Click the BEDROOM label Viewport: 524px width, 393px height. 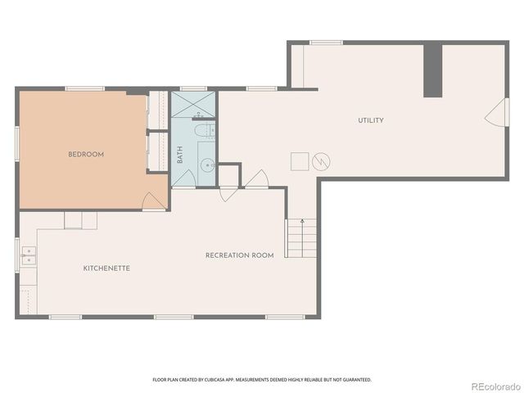tap(85, 154)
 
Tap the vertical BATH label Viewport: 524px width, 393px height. tap(180, 155)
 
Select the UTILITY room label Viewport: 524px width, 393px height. tap(370, 120)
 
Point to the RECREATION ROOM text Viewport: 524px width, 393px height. tap(239, 255)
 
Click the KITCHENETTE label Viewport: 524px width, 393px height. tap(106, 269)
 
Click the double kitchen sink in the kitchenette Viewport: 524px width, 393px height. tap(29, 258)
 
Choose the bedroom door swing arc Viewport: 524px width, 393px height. tap(153, 201)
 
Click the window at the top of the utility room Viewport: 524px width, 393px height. tap(326, 43)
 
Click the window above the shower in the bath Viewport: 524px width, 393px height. tap(193, 88)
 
